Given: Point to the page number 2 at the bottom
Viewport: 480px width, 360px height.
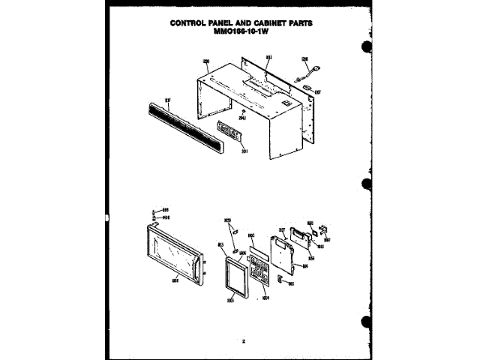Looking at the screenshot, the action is point(243,340).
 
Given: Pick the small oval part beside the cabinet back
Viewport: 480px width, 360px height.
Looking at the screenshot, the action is point(309,91).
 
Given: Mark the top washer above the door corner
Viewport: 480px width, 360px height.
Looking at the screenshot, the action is point(154,210).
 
